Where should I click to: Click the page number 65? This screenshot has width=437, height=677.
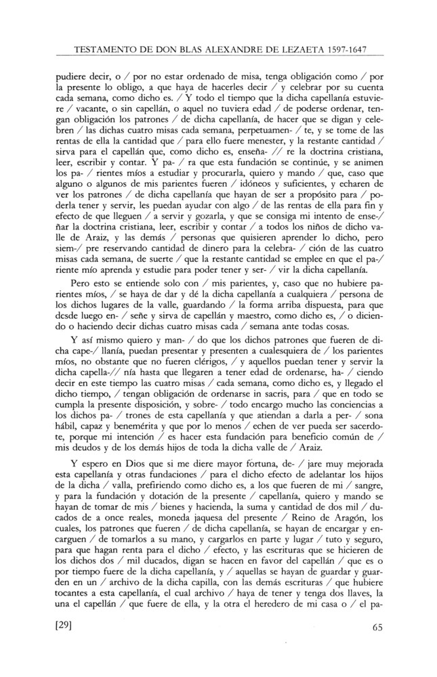tap(377, 626)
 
